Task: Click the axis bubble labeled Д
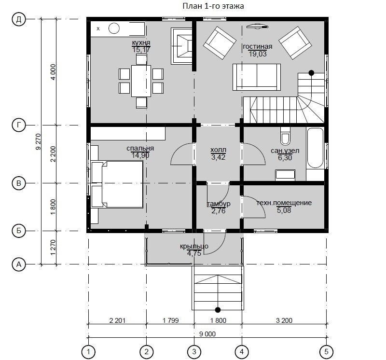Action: tap(19, 19)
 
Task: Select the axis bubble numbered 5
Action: tap(326, 352)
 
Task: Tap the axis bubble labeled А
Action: tap(19, 264)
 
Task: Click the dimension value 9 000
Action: tap(207, 334)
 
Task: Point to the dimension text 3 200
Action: tap(284, 320)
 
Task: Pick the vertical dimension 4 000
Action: tap(53, 72)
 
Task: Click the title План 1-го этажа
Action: tap(213, 6)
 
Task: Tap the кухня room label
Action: tap(141, 42)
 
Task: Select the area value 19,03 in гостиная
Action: tap(258, 54)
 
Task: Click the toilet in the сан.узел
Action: tap(286, 136)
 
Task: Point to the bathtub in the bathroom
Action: tap(315, 148)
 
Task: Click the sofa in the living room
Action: tap(257, 77)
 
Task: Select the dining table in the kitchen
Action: tap(141, 81)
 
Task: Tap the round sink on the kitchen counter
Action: tap(114, 28)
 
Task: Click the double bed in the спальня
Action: tap(117, 184)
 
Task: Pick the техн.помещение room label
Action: tap(284, 203)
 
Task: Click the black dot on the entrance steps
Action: tap(218, 310)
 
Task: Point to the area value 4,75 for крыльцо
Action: tap(194, 253)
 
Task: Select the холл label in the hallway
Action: tap(219, 150)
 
